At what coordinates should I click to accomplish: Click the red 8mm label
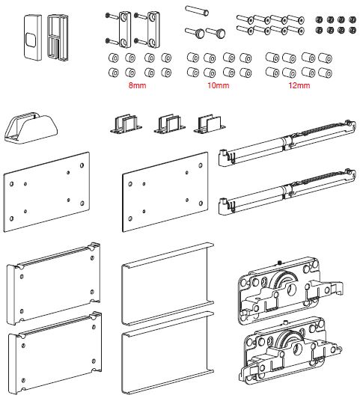pyautogui.click(x=137, y=85)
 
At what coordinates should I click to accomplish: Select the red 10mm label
pyautogui.click(x=219, y=85)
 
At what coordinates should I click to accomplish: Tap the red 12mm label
pyautogui.click(x=299, y=85)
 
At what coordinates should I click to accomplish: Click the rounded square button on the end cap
pyautogui.click(x=31, y=40)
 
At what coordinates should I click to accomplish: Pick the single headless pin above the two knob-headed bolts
pyautogui.click(x=197, y=10)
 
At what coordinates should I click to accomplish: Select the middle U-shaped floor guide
pyautogui.click(x=170, y=124)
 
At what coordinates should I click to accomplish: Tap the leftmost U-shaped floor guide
pyautogui.click(x=126, y=124)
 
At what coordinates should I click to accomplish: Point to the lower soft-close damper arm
pyautogui.click(x=287, y=192)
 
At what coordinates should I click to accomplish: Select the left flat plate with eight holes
pyautogui.click(x=46, y=192)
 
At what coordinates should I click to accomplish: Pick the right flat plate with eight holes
pyautogui.click(x=165, y=192)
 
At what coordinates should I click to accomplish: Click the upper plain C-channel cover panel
pyautogui.click(x=168, y=284)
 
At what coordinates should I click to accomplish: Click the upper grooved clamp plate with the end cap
pyautogui.click(x=54, y=284)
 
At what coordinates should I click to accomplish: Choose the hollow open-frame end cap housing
pyautogui.click(x=58, y=37)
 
